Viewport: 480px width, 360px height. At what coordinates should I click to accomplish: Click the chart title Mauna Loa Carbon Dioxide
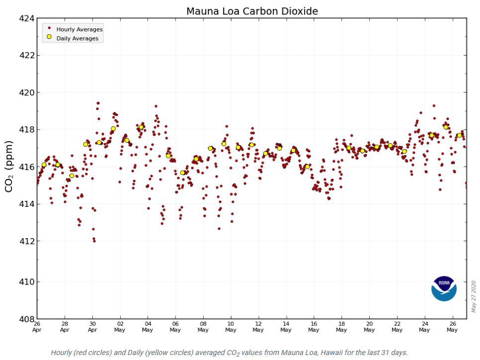coord(252,11)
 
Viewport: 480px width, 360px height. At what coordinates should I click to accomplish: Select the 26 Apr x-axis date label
coord(37,326)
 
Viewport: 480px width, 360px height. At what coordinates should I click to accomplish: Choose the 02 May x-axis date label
coord(120,326)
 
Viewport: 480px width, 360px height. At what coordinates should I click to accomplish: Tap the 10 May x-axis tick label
coord(231,326)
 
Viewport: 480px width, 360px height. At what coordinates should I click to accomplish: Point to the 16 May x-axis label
coord(314,326)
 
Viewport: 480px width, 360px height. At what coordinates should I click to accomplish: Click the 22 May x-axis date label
coord(397,326)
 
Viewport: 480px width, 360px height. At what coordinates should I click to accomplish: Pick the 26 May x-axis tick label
coord(452,326)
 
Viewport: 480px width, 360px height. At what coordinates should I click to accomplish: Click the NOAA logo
coord(444,288)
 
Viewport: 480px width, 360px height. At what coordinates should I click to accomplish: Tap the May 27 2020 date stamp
coord(474,297)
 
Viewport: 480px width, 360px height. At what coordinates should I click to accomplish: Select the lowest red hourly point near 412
coord(94,241)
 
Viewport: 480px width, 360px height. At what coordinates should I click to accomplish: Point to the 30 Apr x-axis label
coord(92,326)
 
